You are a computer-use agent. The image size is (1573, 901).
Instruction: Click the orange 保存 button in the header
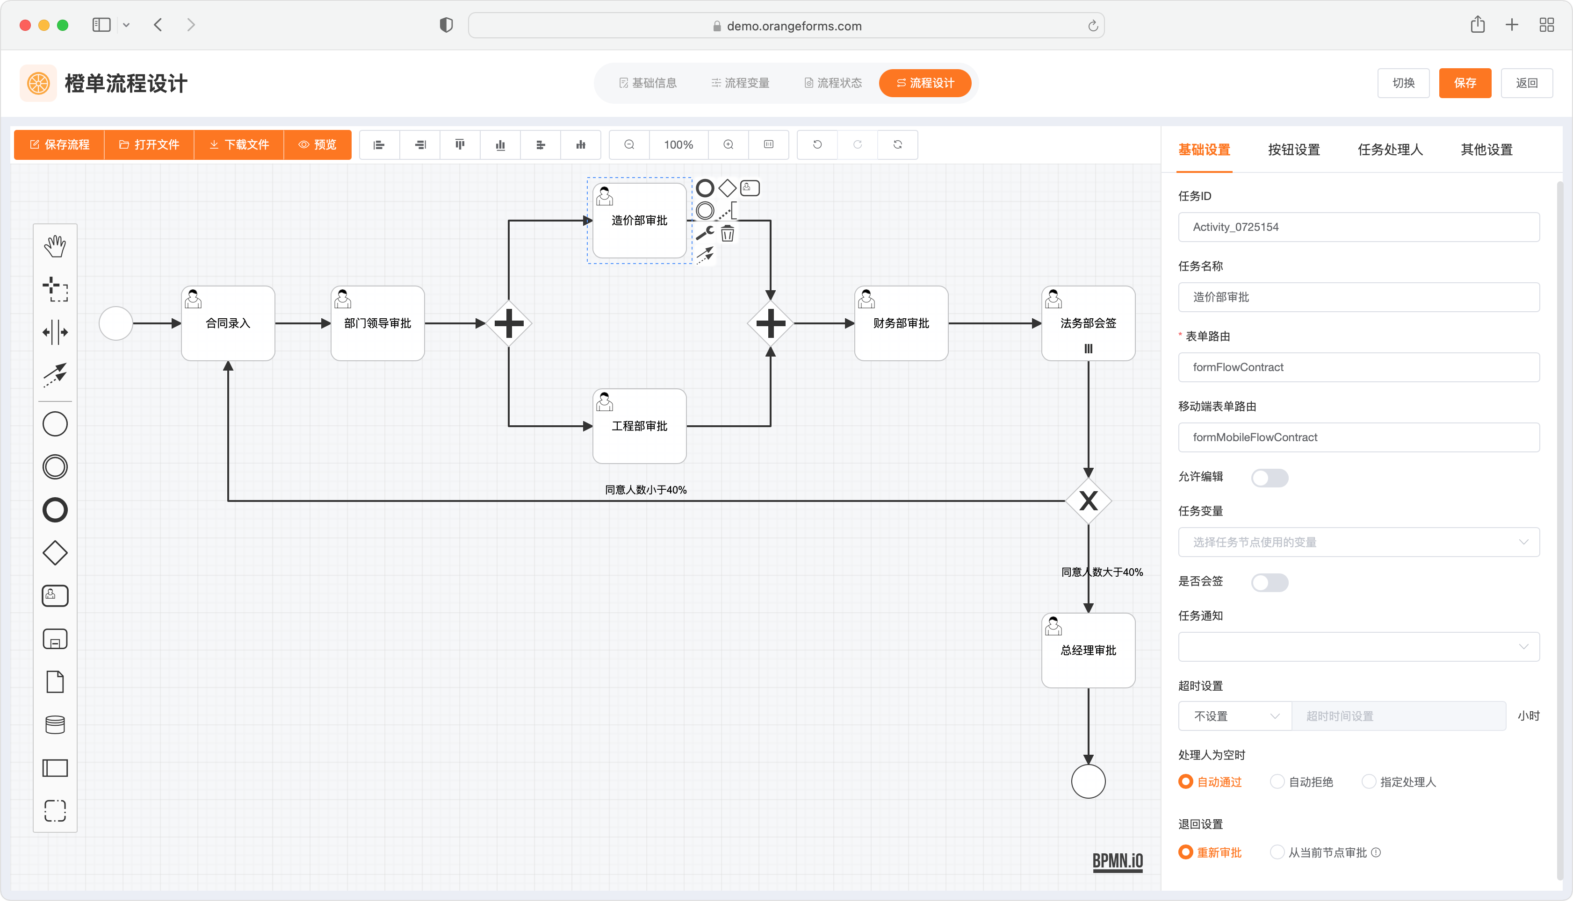click(1464, 83)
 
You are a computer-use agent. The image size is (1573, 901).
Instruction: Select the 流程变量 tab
click(740, 83)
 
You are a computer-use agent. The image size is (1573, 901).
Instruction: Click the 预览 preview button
click(317, 145)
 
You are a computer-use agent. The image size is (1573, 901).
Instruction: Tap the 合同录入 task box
click(228, 323)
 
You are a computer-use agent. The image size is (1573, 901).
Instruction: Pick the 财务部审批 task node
click(901, 323)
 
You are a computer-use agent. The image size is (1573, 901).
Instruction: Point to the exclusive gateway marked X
click(1088, 500)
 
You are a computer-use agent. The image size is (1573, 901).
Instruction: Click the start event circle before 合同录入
click(116, 323)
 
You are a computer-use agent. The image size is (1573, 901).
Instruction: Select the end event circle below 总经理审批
click(1088, 781)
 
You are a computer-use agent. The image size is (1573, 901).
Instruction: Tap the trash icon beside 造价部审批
click(728, 233)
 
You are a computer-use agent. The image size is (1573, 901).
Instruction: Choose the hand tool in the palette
click(55, 246)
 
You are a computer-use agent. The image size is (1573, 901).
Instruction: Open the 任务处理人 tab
click(1390, 150)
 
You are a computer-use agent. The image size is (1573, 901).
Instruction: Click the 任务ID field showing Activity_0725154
click(1358, 227)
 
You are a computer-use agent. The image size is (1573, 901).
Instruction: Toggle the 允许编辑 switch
click(1269, 478)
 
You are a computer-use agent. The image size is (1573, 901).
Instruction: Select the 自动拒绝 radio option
click(1277, 781)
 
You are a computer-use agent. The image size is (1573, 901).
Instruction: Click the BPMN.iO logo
click(1118, 861)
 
